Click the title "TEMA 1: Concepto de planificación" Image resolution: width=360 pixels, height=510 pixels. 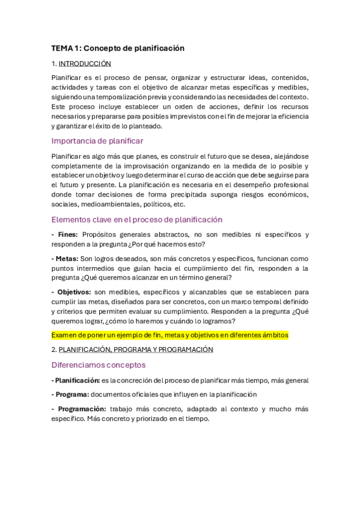tap(117, 48)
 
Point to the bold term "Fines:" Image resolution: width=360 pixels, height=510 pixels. tap(65, 235)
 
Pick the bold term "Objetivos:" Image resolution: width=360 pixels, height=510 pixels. tap(73, 292)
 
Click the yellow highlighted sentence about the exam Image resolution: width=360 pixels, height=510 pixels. tap(170, 334)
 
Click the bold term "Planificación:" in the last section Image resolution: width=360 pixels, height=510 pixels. tap(76, 380)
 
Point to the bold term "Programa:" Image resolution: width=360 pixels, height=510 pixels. tap(72, 395)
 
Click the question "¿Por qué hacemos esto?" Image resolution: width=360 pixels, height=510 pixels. tap(171, 244)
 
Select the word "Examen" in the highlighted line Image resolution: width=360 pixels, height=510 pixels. tap(64, 334)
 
